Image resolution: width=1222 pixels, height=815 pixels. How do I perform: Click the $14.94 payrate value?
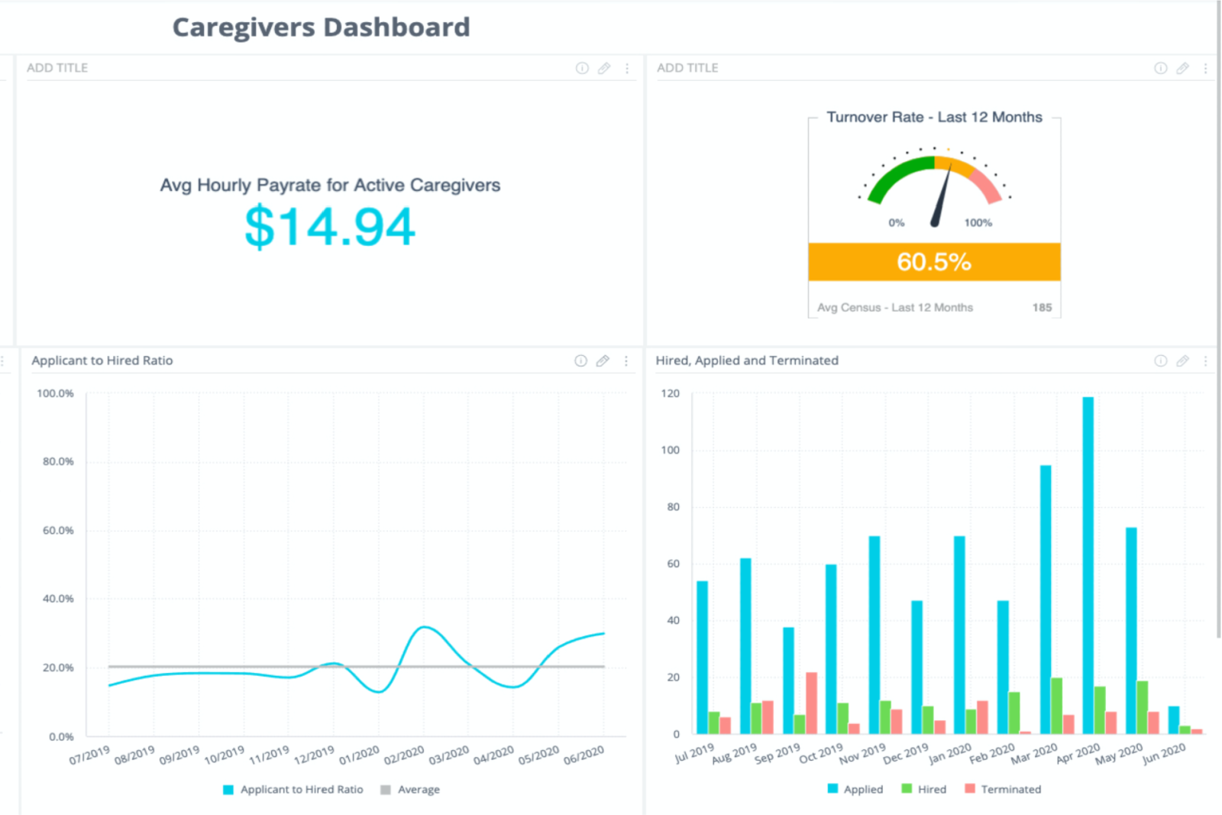tap(329, 227)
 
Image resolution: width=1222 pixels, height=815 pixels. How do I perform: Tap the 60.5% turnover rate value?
tap(933, 262)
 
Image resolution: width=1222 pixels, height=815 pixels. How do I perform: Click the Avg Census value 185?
tap(1042, 308)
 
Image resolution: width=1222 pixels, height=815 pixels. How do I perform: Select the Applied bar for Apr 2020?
tap(1088, 565)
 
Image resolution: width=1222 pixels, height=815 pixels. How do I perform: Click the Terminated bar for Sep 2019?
tap(811, 703)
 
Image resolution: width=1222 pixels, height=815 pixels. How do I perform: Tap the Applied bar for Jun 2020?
tap(1173, 720)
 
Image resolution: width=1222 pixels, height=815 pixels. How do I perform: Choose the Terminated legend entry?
tap(1003, 789)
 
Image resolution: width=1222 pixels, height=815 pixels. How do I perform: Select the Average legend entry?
tap(410, 789)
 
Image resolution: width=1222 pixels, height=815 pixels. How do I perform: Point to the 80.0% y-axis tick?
tap(58, 461)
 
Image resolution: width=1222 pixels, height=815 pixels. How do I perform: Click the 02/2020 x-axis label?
tap(404, 755)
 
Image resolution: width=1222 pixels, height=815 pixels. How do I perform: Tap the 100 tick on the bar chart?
tap(670, 450)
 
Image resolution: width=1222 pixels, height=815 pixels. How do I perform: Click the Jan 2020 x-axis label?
tap(950, 754)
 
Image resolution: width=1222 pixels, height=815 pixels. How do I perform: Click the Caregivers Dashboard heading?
tap(321, 27)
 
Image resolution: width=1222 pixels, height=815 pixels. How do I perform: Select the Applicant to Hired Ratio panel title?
tap(102, 361)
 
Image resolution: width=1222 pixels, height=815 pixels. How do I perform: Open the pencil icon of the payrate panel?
tap(604, 68)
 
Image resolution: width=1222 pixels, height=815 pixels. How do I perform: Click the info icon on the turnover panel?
tap(1160, 68)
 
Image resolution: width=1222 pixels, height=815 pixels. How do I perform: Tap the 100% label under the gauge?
tap(978, 223)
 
